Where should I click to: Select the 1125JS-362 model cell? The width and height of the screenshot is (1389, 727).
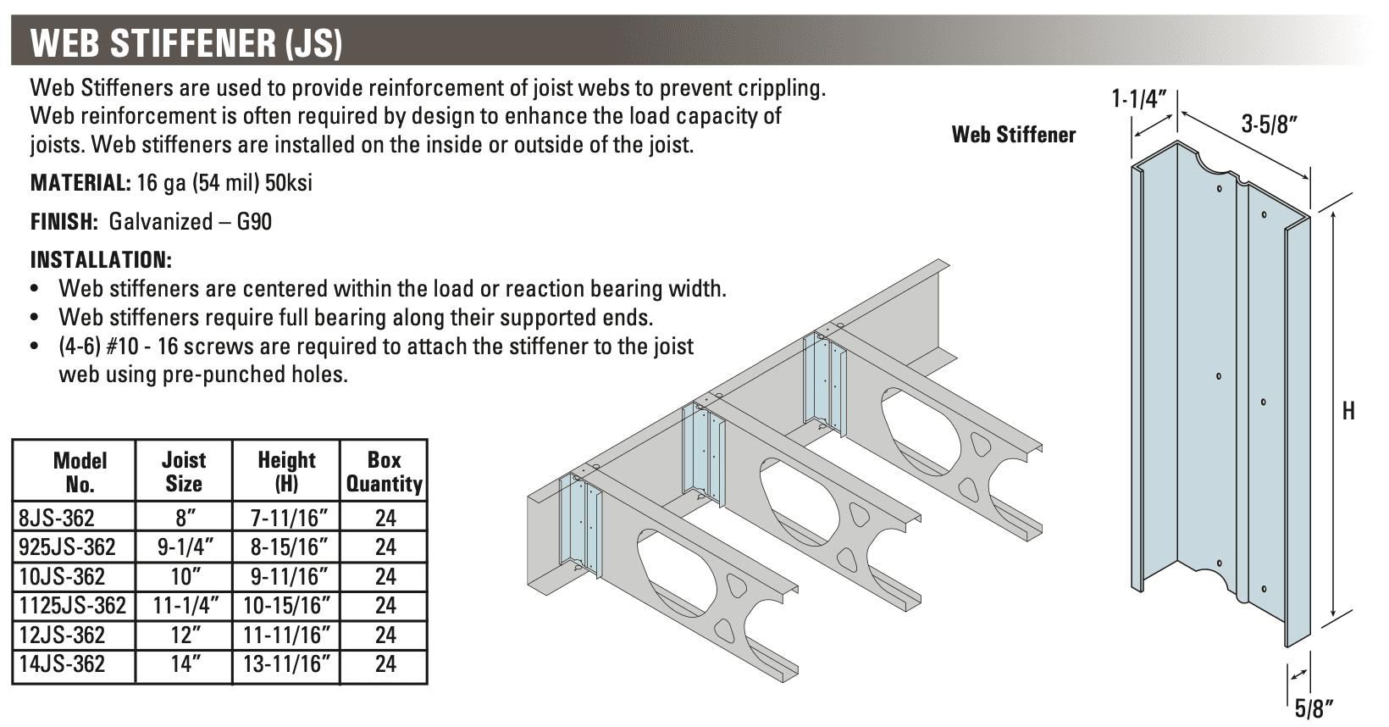coord(72,606)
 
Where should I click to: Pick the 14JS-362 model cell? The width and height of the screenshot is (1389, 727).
coord(62,664)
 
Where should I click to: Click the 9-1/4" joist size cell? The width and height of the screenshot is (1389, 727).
coord(183,547)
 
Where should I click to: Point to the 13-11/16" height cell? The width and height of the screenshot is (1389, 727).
coord(285,664)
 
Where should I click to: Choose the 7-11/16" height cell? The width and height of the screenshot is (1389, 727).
coord(285,518)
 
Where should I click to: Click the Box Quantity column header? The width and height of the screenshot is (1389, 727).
coord(384,472)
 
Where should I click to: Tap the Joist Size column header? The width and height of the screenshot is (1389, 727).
coord(183,472)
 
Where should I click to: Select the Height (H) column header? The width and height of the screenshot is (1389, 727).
coord(285,472)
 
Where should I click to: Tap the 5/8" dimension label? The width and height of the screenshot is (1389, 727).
coord(1314,706)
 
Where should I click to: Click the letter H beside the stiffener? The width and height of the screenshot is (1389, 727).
coord(1348,412)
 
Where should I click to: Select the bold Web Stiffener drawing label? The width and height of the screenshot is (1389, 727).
coord(1014,134)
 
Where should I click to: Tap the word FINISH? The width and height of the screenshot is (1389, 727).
coord(64,222)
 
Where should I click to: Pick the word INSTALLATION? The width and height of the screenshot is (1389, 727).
coord(101,259)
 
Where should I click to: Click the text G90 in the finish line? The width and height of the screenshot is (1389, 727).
coord(255,222)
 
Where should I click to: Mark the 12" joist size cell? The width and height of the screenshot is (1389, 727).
coord(183,635)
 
